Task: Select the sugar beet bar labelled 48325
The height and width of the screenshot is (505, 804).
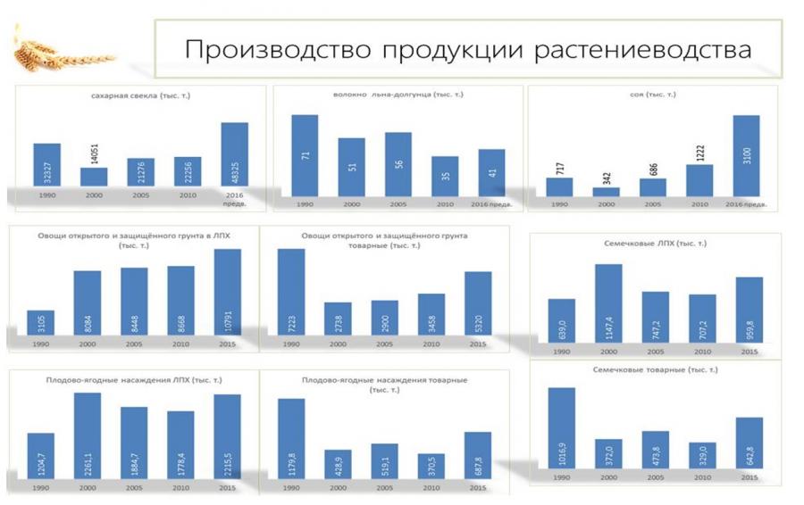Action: pyautogui.click(x=234, y=153)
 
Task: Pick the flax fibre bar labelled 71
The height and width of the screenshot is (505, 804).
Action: pyautogui.click(x=305, y=150)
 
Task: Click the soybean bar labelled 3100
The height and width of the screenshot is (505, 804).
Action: pyautogui.click(x=746, y=153)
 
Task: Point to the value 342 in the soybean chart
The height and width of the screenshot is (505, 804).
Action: pyautogui.click(x=605, y=175)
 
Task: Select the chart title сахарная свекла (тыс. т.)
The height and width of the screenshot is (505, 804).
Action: pyautogui.click(x=140, y=95)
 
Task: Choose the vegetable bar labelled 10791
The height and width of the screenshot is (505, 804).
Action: pyautogui.click(x=228, y=293)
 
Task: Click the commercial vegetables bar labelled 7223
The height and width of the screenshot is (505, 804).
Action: pyautogui.click(x=291, y=293)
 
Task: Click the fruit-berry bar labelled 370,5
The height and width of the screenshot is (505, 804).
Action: pyautogui.click(x=431, y=467)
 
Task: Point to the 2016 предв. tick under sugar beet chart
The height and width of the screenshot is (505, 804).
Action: pyautogui.click(x=235, y=198)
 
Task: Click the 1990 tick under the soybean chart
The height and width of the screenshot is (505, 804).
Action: pyautogui.click(x=559, y=204)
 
